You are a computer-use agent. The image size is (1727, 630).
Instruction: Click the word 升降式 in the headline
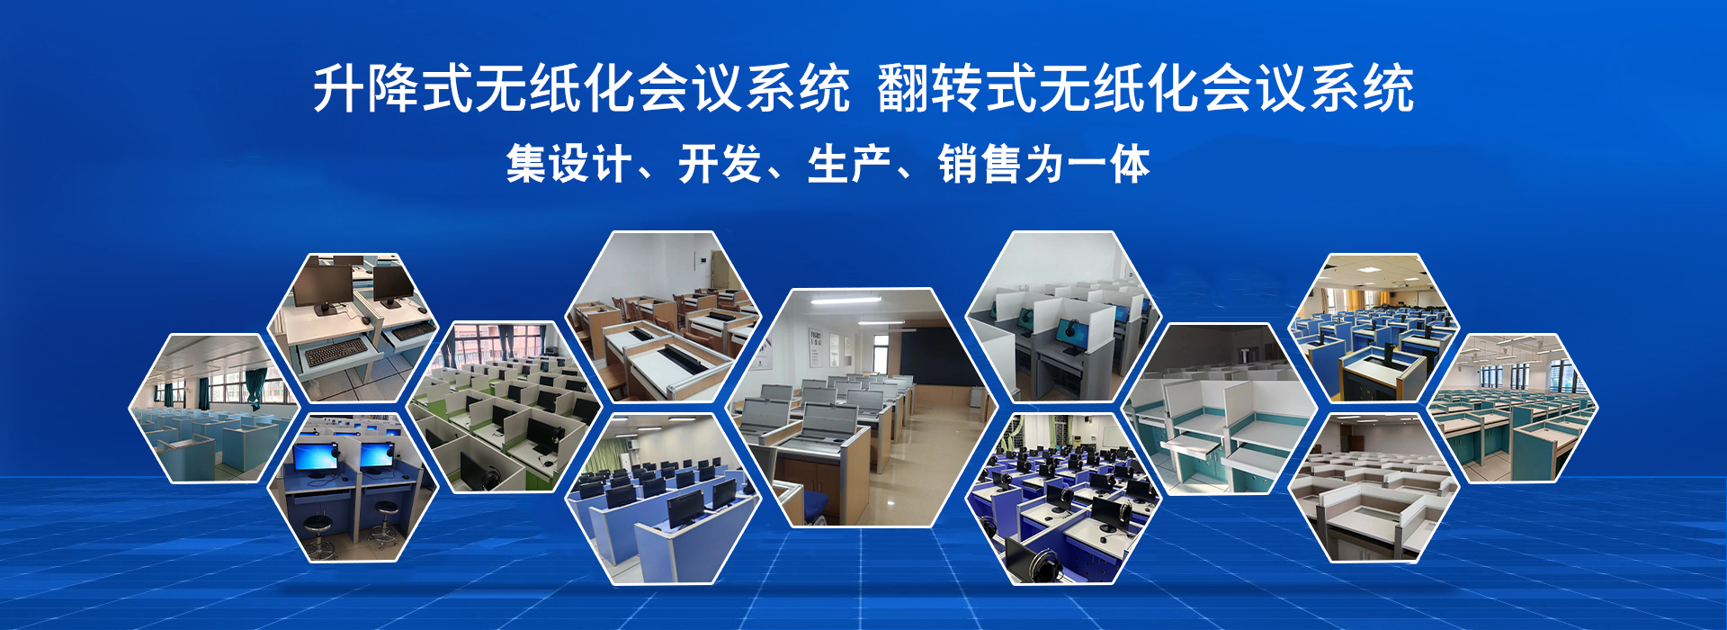(393, 88)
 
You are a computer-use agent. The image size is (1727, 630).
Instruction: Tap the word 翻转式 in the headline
(957, 88)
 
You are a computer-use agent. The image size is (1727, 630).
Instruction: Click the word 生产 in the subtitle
(849, 164)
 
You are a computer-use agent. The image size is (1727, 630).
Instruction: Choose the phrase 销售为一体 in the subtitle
(1043, 164)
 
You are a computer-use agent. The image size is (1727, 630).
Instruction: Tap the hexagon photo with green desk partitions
(504, 407)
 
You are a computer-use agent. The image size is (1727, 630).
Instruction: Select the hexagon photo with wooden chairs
(663, 317)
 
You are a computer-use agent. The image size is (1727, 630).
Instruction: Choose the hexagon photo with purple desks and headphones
(1063, 499)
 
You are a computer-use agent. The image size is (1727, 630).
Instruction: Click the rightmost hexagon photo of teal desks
(1513, 408)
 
